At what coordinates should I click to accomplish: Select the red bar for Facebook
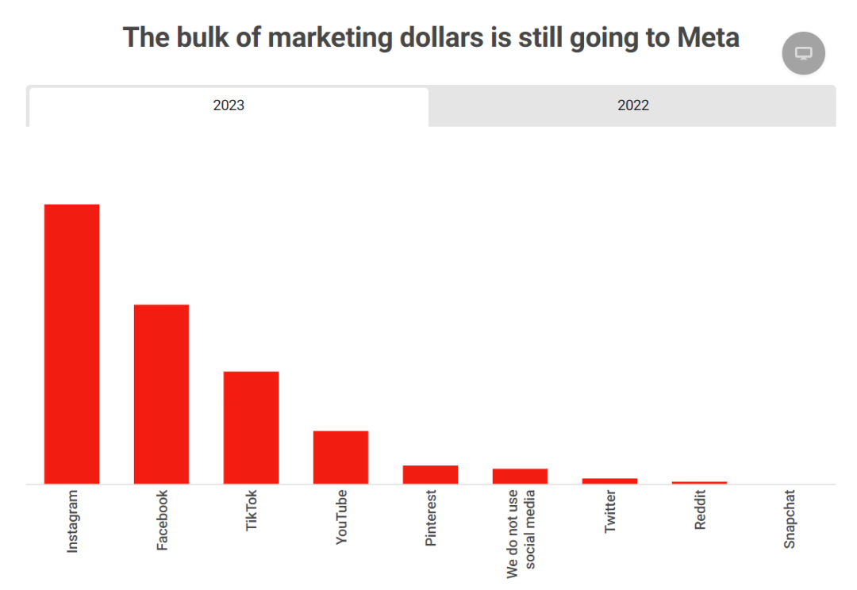click(161, 393)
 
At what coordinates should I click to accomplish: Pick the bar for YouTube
click(340, 457)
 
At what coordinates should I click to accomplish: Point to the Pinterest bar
click(430, 474)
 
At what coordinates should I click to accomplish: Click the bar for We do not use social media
click(520, 476)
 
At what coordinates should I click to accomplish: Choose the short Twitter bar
click(609, 481)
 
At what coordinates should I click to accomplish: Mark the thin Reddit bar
click(699, 482)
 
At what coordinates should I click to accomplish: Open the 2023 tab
click(229, 105)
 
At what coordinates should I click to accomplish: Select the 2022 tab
click(633, 105)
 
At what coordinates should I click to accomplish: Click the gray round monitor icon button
click(803, 53)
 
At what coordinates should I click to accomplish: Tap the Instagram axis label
click(72, 521)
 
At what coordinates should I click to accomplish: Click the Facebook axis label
click(162, 520)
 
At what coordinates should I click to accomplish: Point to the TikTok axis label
click(252, 511)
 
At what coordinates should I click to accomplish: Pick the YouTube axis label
click(341, 517)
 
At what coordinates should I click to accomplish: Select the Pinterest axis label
click(431, 518)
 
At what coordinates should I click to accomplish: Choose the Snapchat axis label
click(790, 519)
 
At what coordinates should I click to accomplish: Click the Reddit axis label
click(700, 510)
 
